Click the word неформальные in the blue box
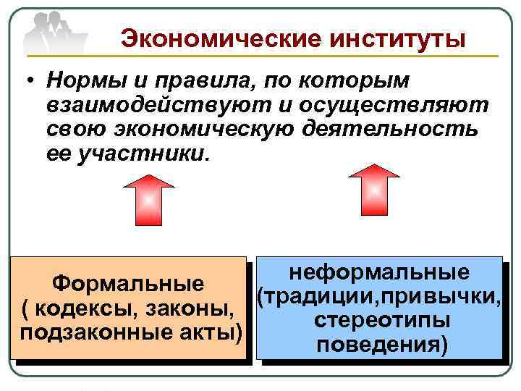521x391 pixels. click(378, 273)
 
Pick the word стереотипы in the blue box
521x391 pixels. click(378, 320)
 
